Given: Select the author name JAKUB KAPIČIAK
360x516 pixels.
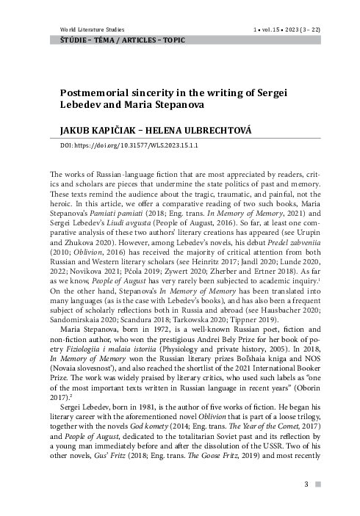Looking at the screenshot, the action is [101, 130].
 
